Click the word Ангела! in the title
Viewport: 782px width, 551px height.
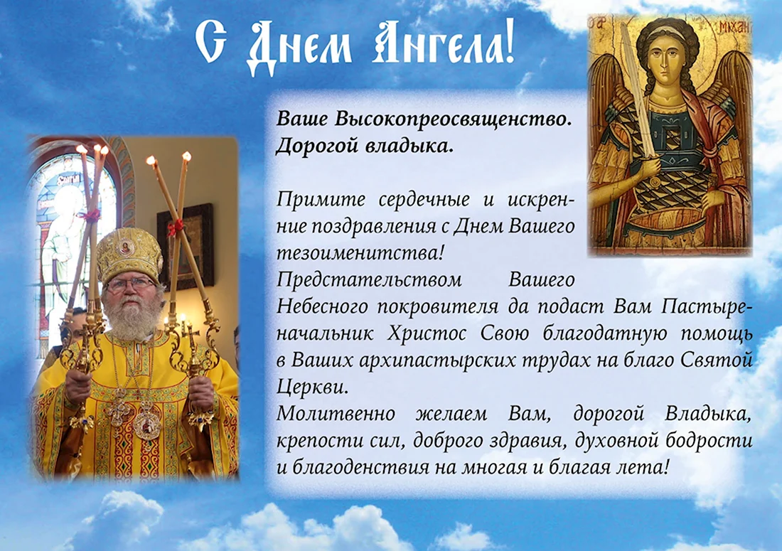444,45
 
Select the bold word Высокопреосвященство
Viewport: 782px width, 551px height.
454,119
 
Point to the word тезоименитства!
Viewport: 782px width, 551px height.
360,253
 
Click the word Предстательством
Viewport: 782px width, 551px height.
369,279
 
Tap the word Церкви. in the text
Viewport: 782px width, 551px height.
311,387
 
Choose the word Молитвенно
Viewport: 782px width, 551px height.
336,414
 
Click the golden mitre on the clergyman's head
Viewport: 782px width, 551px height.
129,255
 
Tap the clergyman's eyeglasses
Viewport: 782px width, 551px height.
129,285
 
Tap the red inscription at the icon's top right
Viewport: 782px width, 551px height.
734,28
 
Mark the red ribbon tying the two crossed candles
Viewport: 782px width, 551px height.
175,228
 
